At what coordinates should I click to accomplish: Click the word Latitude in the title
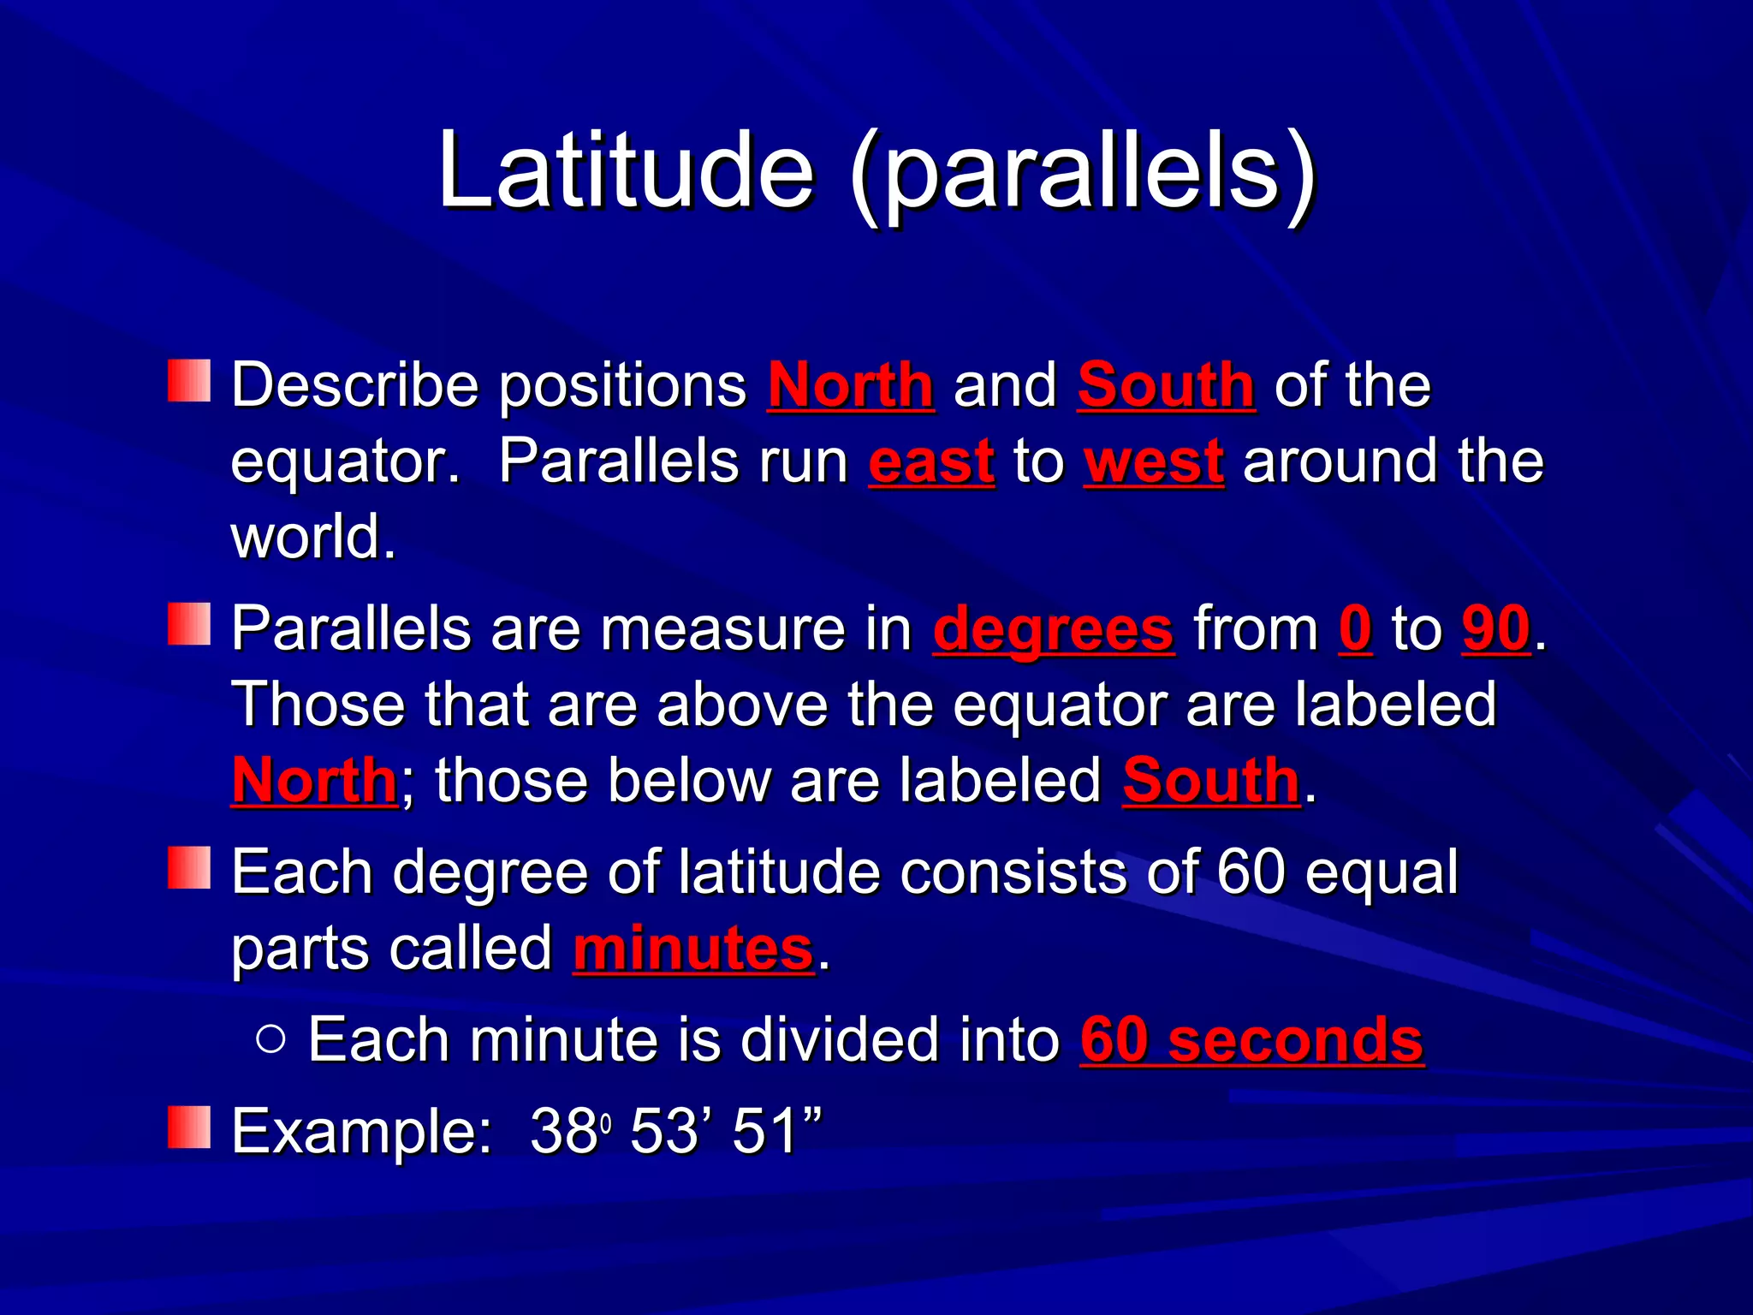tap(625, 170)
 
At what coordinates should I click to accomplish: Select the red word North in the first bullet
tap(850, 385)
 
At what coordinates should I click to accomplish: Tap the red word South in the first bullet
tap(1166, 385)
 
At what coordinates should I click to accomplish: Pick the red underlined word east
tap(931, 462)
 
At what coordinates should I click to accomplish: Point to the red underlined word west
tap(1153, 462)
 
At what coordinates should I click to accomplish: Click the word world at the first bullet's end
tap(313, 538)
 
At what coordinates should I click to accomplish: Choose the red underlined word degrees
tap(1053, 630)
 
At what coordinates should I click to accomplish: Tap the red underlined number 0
tap(1355, 630)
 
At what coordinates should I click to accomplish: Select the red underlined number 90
tap(1495, 630)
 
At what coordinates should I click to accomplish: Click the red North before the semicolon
tap(314, 782)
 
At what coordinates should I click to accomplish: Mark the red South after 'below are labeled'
tap(1210, 782)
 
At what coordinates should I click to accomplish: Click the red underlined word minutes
tap(692, 949)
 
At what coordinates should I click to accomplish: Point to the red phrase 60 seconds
tap(1251, 1041)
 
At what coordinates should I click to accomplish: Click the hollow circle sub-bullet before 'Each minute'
tap(270, 1039)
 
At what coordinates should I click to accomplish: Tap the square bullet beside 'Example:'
tap(189, 1127)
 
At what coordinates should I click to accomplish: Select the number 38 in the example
tap(563, 1132)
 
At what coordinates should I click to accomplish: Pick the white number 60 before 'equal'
tap(1251, 873)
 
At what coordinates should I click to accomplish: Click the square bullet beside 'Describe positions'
tap(189, 381)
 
